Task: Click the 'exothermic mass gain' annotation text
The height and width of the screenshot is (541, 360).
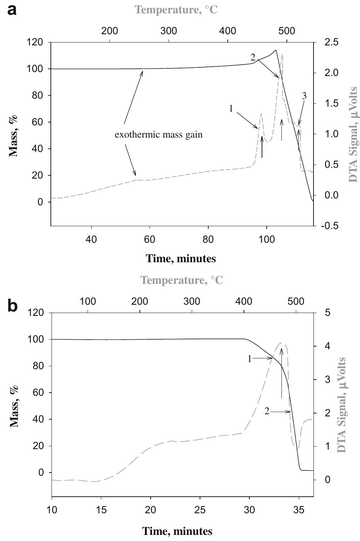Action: point(159,135)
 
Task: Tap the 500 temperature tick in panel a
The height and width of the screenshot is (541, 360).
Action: point(287,31)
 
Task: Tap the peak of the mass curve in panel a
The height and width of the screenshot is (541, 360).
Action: point(276,50)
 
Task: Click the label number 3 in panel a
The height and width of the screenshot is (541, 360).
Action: point(304,96)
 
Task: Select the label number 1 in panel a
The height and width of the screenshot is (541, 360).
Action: point(231,108)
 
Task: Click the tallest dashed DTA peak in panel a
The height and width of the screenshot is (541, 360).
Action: point(282,55)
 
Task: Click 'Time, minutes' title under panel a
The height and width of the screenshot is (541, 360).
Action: point(181,258)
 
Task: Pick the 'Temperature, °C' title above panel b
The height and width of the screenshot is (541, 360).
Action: point(182,280)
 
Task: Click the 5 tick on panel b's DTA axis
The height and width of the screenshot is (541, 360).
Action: point(328,313)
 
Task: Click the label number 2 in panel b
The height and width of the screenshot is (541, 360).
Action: point(267,411)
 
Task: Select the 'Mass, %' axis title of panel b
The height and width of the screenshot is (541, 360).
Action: point(14,405)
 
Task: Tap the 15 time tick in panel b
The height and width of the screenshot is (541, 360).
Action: point(101,510)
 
